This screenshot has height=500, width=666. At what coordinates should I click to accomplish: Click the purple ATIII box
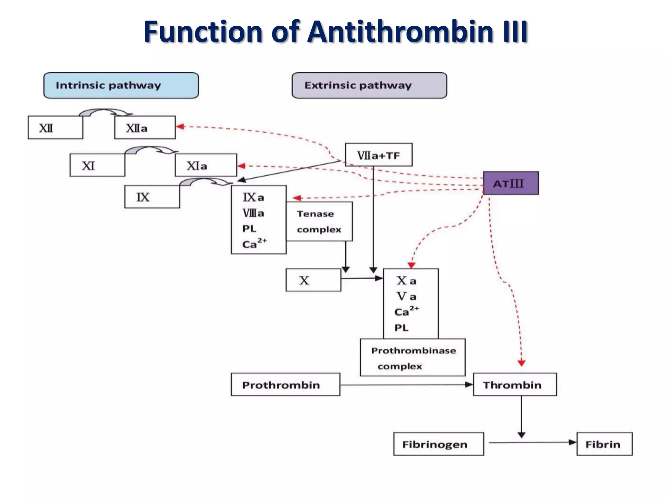511,183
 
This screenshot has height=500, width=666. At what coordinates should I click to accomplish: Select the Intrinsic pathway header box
121,85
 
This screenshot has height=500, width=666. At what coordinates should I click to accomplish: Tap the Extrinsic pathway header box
369,85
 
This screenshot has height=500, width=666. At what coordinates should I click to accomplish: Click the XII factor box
55,128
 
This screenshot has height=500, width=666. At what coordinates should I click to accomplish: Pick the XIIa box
145,128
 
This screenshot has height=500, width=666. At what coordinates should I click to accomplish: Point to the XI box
97,165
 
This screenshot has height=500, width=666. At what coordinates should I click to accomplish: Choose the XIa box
206,165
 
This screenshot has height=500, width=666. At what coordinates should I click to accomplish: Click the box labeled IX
152,197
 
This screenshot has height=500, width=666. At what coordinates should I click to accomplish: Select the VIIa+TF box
379,155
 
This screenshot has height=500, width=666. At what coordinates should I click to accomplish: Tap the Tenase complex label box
319,221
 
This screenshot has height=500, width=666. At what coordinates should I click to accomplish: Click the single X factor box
313,280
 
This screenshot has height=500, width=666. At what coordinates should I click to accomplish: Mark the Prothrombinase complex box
412,358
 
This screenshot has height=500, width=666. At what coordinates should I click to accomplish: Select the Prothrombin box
285,385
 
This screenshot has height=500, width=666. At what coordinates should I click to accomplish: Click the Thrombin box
514,385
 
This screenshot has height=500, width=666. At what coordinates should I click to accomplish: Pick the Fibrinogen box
438,444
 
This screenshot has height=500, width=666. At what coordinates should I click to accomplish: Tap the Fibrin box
604,444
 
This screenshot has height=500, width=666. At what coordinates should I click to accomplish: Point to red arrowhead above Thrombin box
522,363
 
